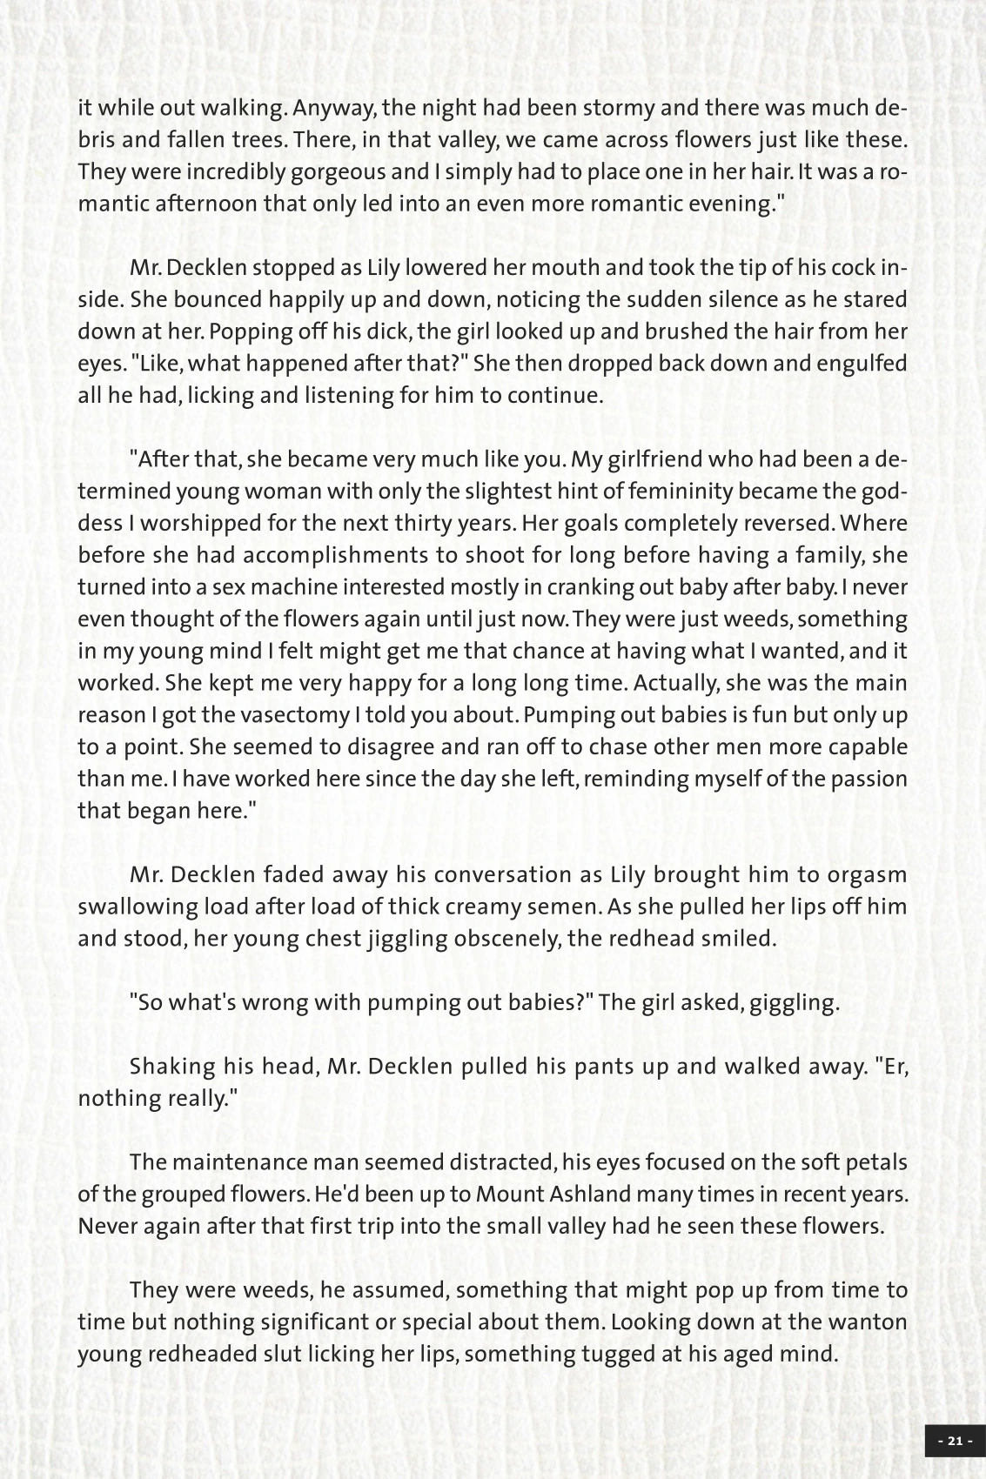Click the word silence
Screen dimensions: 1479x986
coord(658,299)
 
